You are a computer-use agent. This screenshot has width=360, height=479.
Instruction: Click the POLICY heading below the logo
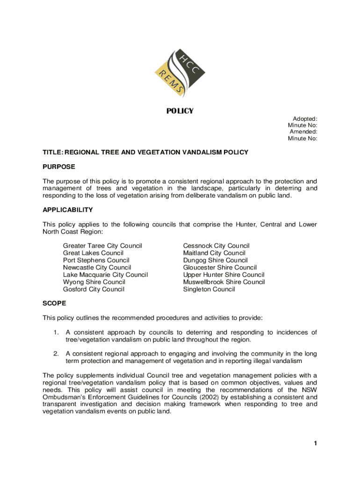(180, 111)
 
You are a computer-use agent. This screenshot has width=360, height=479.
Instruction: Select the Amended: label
(303, 132)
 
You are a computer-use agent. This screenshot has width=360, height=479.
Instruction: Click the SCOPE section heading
(54, 303)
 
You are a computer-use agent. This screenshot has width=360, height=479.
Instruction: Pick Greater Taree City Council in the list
(102, 246)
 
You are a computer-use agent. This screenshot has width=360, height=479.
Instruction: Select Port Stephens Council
(96, 260)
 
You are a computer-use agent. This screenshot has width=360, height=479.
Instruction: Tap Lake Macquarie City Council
(105, 275)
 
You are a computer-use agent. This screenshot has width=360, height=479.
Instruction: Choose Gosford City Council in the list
(94, 289)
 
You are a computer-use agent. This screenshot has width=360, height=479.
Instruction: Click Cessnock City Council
(216, 246)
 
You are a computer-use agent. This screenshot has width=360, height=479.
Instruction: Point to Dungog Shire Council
(215, 260)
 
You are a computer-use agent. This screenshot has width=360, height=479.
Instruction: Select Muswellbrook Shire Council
(223, 282)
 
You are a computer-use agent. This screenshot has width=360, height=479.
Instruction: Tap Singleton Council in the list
(209, 289)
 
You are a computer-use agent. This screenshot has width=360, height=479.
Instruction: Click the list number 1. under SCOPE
(56, 333)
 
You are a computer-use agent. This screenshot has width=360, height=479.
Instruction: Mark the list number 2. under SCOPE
(56, 354)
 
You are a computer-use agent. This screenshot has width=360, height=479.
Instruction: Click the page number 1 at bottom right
(316, 443)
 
